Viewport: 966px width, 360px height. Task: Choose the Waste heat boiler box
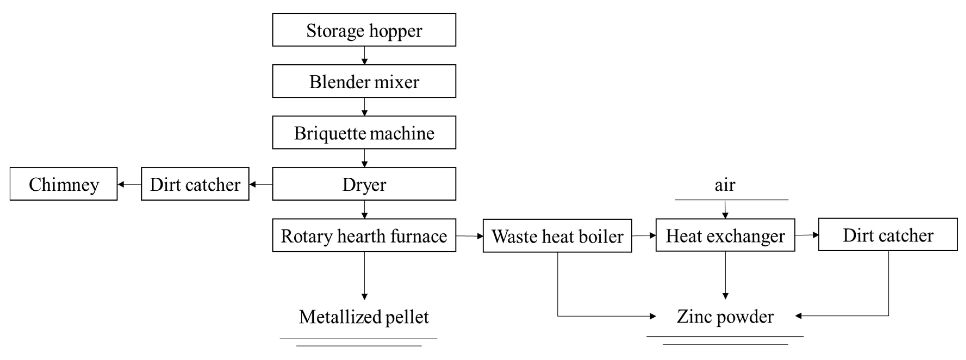[x=557, y=236]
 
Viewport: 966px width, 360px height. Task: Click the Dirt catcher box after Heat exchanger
[x=888, y=235]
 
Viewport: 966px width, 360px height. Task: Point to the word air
[x=725, y=185]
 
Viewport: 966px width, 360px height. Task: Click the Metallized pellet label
[x=363, y=317]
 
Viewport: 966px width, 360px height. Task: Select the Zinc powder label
[x=725, y=317]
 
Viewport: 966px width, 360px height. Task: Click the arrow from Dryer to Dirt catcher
[x=261, y=184]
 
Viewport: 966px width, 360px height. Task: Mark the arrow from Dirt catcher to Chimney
[x=129, y=184]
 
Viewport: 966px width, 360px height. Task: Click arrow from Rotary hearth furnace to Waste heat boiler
[x=469, y=236]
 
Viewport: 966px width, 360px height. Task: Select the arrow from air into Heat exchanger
[x=725, y=210]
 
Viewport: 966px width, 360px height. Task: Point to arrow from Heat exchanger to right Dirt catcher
[x=807, y=235]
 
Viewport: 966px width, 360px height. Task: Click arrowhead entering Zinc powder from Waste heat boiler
[x=653, y=316]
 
